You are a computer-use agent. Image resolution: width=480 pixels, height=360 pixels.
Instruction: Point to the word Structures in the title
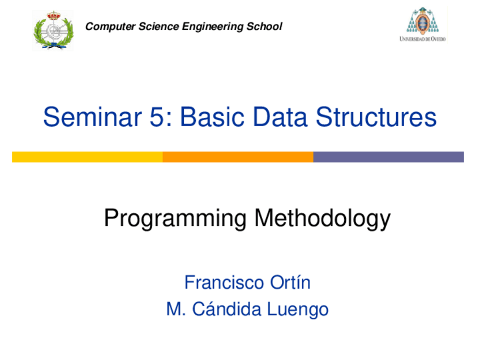click(376, 118)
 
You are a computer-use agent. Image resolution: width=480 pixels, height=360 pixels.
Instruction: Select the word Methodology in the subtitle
click(322, 218)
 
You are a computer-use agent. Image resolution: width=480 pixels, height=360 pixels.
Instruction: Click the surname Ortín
click(290, 282)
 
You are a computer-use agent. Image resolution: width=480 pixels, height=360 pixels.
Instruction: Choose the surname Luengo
click(299, 310)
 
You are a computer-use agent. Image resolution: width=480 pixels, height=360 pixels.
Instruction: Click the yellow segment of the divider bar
click(87, 157)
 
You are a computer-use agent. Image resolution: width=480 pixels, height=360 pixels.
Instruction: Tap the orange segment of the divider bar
click(238, 157)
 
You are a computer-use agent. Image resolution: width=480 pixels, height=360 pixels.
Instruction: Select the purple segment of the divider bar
click(388, 157)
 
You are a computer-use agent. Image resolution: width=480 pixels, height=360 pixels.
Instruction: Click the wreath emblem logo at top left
click(53, 29)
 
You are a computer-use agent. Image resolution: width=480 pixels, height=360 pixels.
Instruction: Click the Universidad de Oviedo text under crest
click(423, 39)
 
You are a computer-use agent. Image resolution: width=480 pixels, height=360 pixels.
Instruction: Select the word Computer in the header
click(104, 27)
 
